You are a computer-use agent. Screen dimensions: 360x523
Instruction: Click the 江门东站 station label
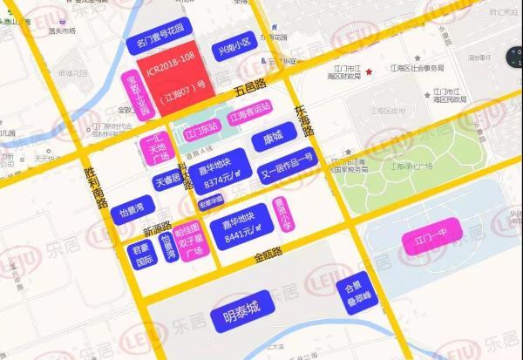(x=202, y=133)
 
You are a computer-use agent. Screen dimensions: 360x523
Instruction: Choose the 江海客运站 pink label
(x=249, y=118)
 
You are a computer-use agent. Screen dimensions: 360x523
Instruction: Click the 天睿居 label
(x=167, y=181)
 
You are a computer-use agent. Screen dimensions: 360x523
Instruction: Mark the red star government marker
(x=369, y=71)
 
